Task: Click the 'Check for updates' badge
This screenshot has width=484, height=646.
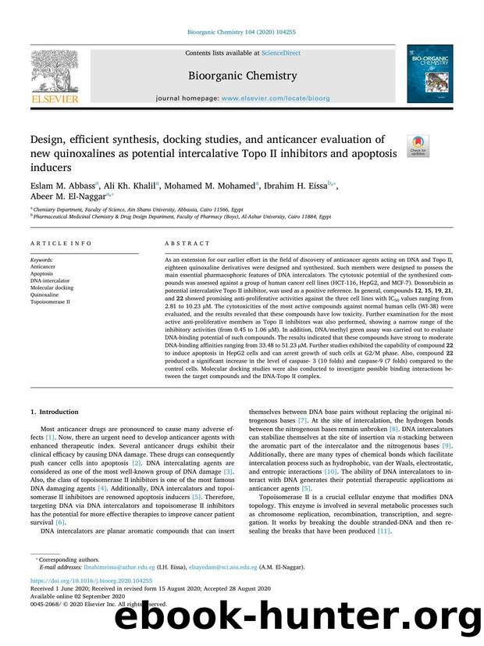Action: tap(418, 145)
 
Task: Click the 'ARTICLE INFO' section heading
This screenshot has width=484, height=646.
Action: tap(55, 244)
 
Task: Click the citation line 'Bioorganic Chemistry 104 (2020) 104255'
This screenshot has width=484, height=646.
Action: tap(241, 32)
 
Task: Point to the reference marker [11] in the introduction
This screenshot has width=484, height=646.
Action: tap(384, 531)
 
